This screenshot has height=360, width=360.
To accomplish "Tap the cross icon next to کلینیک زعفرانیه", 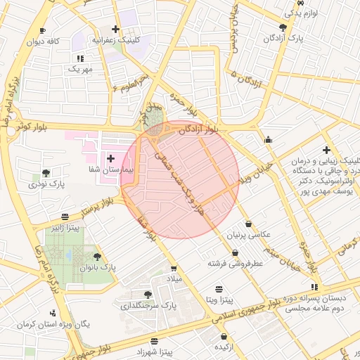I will pyautogui.click(x=115, y=30).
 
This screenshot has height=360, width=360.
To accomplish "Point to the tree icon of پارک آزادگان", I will pyautogui.click(x=283, y=27).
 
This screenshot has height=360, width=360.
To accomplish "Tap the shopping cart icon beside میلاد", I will pyautogui.click(x=174, y=268).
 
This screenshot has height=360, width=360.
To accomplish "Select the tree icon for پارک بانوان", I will pyautogui.click(x=97, y=257).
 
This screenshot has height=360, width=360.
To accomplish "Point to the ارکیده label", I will pyautogui.click(x=223, y=347).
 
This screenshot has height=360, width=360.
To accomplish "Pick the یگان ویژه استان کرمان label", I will pyautogui.click(x=73, y=325).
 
